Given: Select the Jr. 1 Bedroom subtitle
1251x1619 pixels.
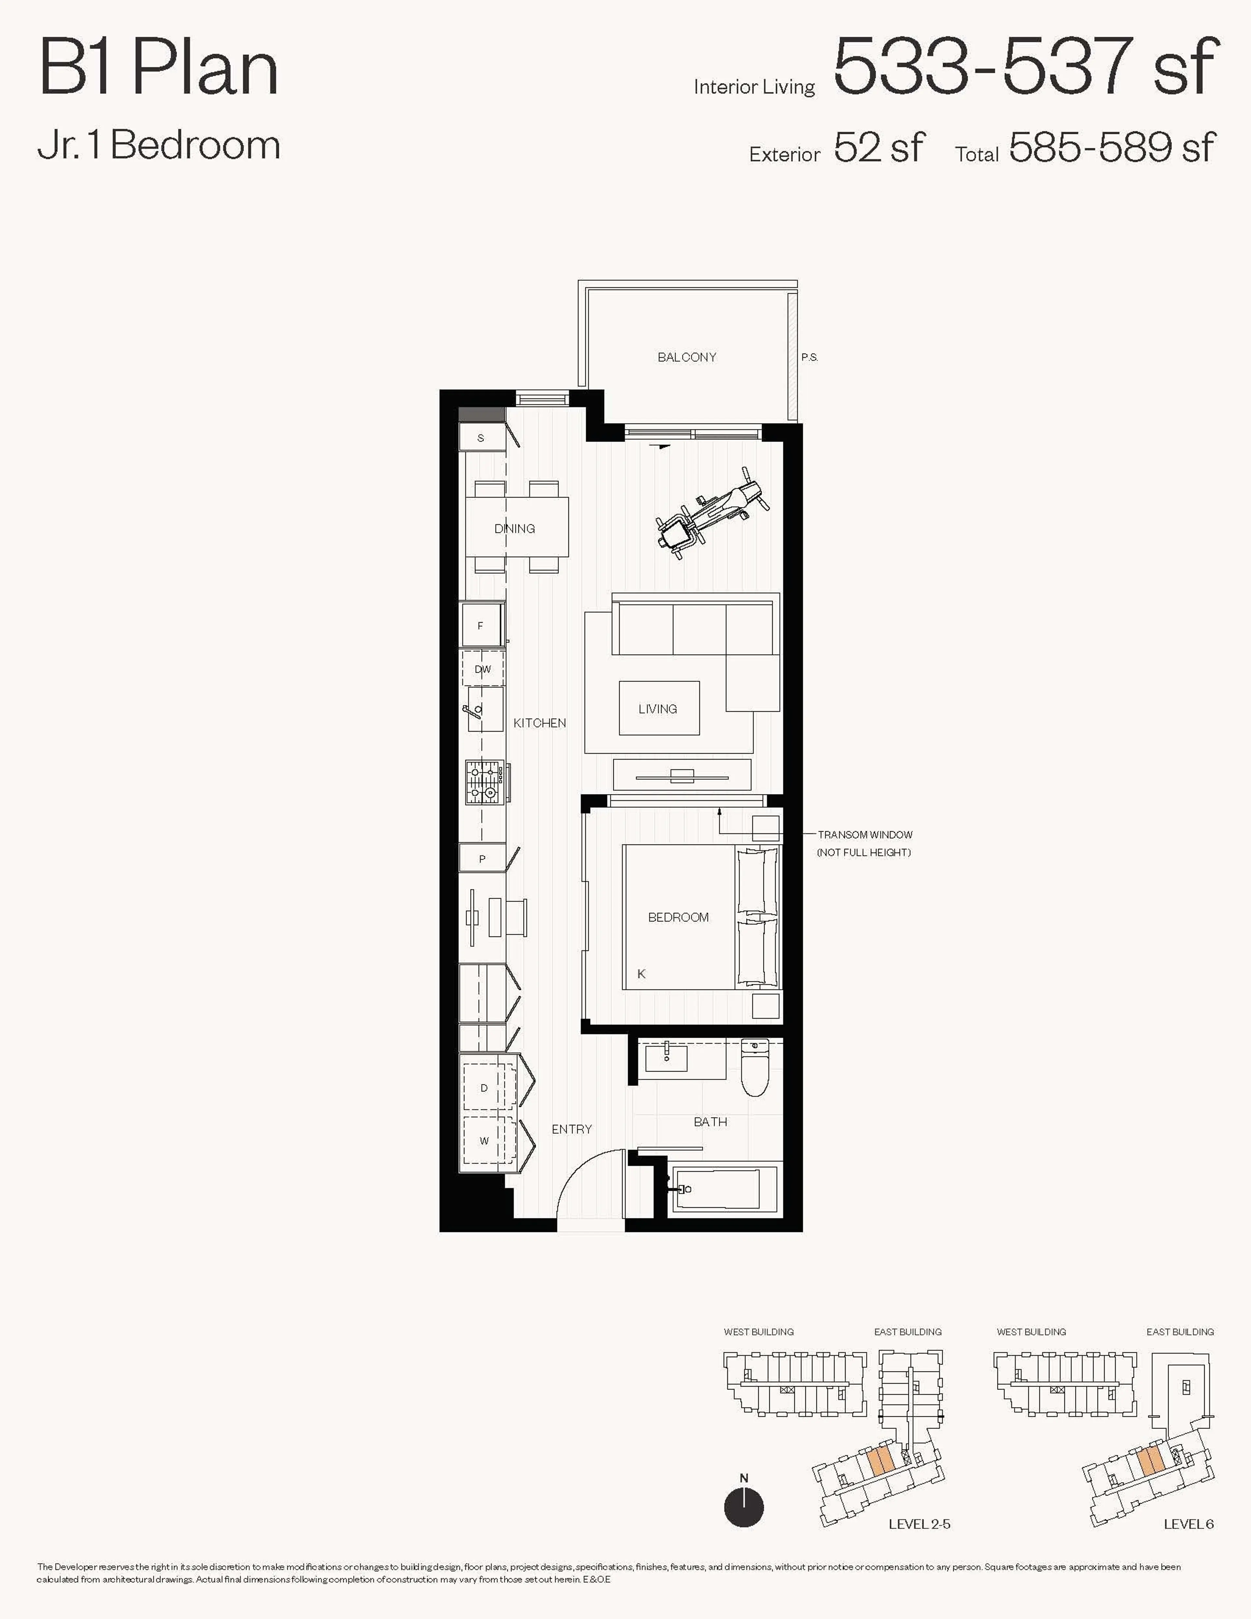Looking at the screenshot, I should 159,145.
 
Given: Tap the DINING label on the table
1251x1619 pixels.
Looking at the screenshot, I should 514,528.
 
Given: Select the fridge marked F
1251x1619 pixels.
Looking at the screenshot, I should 481,626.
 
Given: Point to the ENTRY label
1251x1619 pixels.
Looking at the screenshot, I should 571,1129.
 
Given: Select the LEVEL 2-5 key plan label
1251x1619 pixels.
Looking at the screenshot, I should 919,1524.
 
